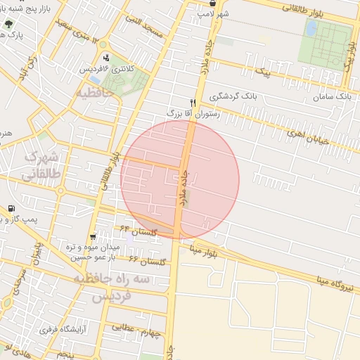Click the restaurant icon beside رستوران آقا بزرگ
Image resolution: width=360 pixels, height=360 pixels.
(193, 102)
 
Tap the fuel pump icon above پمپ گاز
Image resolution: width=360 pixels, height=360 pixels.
(11, 209)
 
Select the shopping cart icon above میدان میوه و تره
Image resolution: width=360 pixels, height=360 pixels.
(93, 236)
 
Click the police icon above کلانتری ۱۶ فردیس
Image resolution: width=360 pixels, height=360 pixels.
(106, 58)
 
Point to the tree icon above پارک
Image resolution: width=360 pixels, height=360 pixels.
(8, 24)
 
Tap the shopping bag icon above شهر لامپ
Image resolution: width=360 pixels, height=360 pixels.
(213, 4)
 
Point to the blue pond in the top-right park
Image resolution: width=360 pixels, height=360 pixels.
(311, 28)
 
